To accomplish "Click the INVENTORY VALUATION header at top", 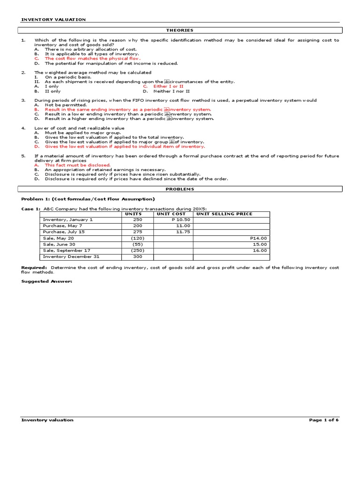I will [x=53, y=20].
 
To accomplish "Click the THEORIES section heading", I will [x=180, y=30].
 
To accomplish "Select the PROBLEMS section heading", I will [x=180, y=189].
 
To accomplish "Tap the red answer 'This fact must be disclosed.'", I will [x=78, y=165].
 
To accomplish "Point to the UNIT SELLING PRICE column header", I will [x=224, y=214].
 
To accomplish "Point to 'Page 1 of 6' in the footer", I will [x=323, y=420].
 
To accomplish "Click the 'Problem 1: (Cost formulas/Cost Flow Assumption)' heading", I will [x=88, y=199].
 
